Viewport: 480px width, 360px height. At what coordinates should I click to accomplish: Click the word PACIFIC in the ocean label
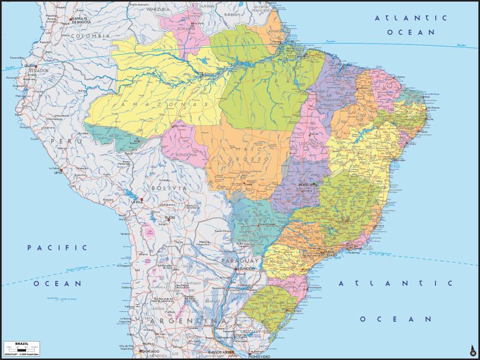pyautogui.click(x=58, y=247)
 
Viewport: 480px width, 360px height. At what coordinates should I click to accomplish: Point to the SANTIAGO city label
pyautogui.click(x=150, y=351)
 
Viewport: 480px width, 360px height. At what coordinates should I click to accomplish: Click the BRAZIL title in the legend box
pyautogui.click(x=21, y=344)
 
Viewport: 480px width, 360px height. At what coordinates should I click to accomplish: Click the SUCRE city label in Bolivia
pyautogui.click(x=170, y=218)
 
